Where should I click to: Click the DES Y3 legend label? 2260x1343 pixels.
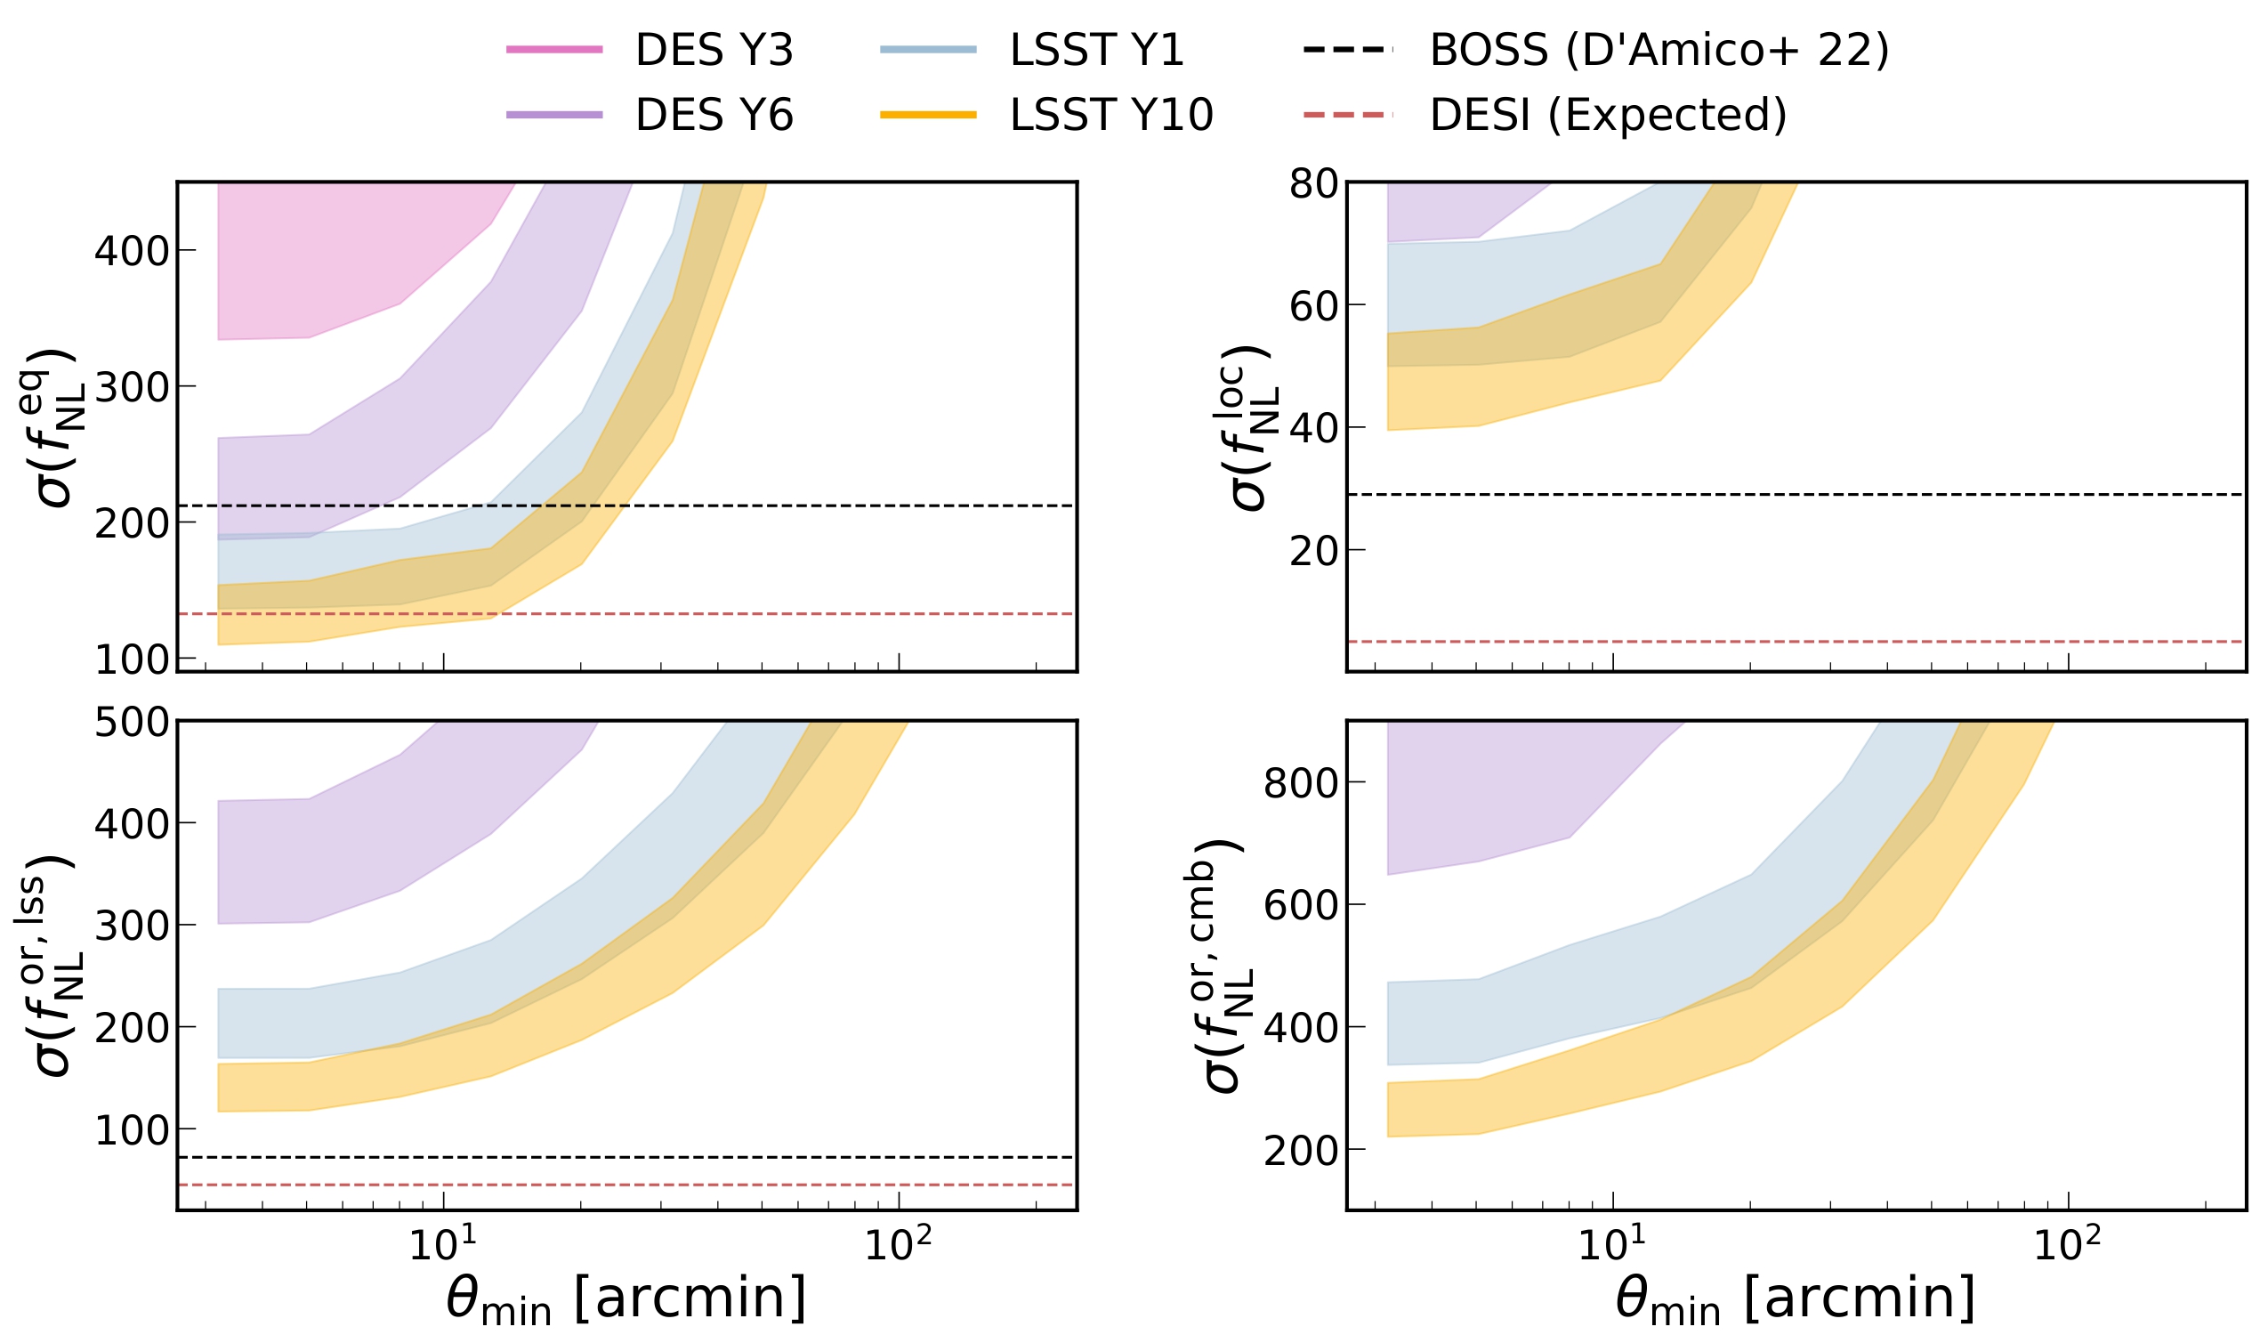(x=714, y=50)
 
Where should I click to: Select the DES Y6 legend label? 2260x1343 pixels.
(x=714, y=115)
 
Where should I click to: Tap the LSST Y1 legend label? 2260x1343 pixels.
(x=1096, y=50)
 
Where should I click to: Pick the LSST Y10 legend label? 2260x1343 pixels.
(x=1111, y=115)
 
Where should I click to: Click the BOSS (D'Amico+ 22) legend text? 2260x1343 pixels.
(x=1659, y=50)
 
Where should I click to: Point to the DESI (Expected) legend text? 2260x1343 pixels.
(x=1608, y=115)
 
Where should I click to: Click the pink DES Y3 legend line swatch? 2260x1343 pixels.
(x=554, y=50)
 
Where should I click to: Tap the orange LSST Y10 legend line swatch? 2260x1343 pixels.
(x=928, y=115)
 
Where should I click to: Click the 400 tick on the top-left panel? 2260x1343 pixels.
(x=132, y=251)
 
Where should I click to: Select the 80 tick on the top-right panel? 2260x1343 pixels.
(x=1313, y=183)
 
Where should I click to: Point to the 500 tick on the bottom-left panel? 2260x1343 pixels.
(x=132, y=723)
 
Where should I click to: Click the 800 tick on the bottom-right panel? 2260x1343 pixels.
(x=1300, y=783)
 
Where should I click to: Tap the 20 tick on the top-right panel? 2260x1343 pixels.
(x=1313, y=551)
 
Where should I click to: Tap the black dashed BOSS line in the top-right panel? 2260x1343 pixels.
(x=1810, y=495)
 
